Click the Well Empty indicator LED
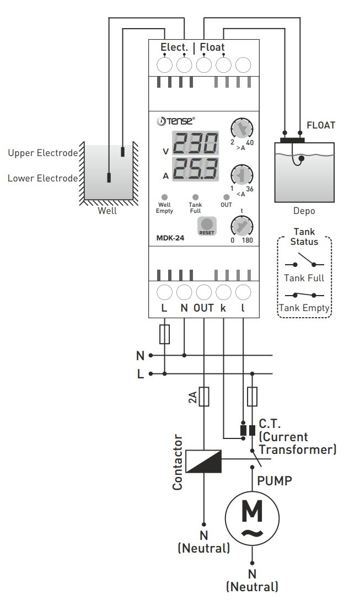[x=164, y=197]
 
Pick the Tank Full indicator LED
[x=195, y=197]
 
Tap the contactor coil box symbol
[x=203, y=461]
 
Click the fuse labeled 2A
[x=204, y=397]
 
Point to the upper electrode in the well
[x=122, y=151]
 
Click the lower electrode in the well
[x=109, y=178]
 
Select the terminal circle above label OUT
[x=203, y=292]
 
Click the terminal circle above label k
[x=223, y=292]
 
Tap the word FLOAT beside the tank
[x=321, y=125]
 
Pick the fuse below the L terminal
[x=164, y=334]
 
